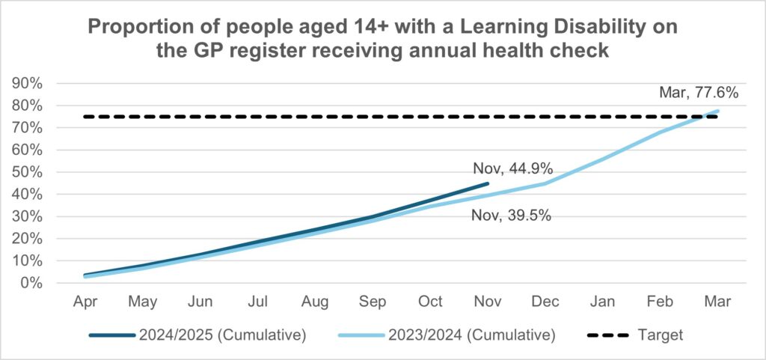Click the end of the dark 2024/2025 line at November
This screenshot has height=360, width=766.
(x=488, y=183)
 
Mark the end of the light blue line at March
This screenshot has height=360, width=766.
(x=717, y=111)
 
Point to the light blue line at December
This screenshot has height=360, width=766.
(x=545, y=183)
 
